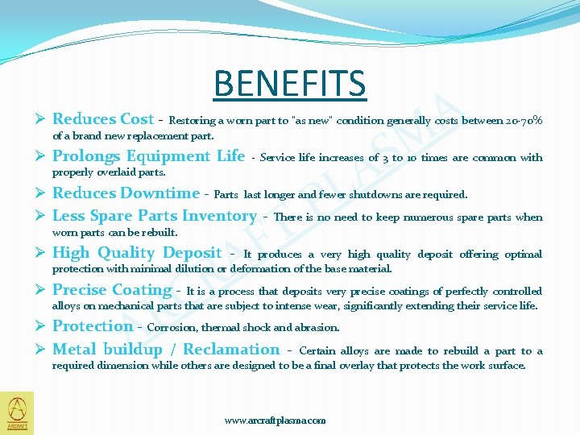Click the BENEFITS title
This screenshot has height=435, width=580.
tap(290, 83)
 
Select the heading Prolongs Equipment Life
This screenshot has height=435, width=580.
tap(148, 156)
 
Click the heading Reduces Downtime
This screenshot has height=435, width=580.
tap(126, 193)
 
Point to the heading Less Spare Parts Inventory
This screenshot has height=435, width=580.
tap(154, 216)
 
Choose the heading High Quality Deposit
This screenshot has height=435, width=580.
tap(137, 253)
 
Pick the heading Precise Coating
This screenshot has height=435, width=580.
tap(112, 290)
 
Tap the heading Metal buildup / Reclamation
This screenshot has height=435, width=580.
tap(166, 350)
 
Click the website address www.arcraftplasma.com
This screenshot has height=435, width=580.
tap(275, 420)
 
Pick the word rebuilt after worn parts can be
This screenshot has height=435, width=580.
tap(159, 232)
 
